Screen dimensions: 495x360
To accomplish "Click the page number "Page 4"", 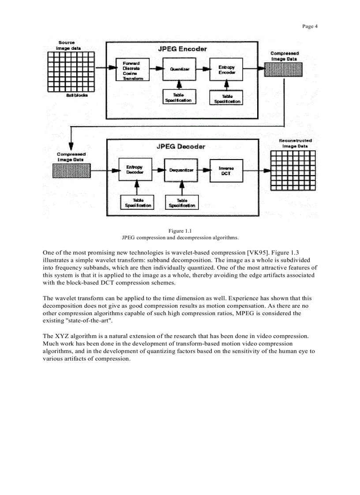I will coord(310,26).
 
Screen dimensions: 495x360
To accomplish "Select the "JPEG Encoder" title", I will coord(182,49).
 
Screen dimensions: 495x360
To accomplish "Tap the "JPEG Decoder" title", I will coord(181,146).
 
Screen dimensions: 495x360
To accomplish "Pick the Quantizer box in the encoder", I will coord(179,69).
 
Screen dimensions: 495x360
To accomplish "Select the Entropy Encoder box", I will coord(226,69).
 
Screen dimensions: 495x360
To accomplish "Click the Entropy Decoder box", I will coord(135,170).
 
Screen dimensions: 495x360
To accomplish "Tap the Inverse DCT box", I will coord(226,171).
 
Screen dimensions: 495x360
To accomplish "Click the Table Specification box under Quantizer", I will coord(178,97).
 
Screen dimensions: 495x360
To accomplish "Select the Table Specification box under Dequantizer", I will coord(182,203).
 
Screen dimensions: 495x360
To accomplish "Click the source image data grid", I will coord(71,71).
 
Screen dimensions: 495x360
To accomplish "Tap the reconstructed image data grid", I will coord(293,170).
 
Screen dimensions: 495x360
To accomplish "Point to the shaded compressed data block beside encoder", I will coord(283,70).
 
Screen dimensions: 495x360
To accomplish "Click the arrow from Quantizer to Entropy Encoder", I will coord(202,69).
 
